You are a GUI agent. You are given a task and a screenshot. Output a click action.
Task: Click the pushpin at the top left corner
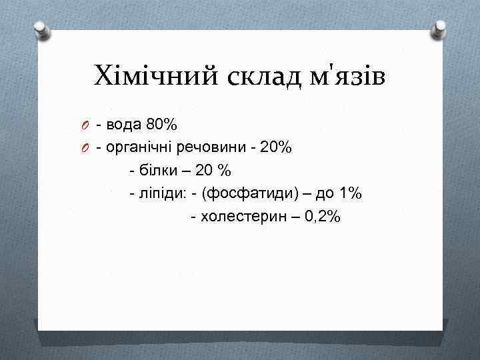pos(41,29)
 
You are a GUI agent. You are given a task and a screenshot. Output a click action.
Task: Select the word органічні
pos(140,148)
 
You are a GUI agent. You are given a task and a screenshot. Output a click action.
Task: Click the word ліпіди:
pos(161,193)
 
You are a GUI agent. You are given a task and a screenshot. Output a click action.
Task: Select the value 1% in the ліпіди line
pos(349,193)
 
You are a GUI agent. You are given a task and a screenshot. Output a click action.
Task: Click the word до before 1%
pos(323,193)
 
